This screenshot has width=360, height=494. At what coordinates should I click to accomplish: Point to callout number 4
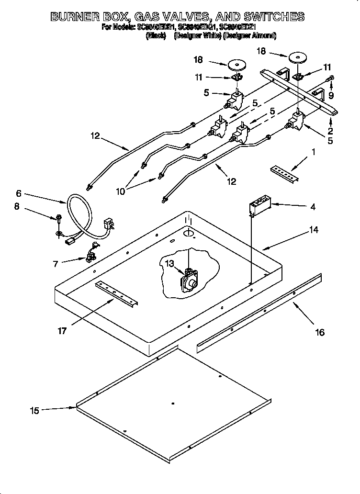(x=312, y=207)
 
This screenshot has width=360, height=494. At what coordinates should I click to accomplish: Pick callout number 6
(x=19, y=194)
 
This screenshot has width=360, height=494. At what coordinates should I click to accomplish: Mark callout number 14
(x=313, y=230)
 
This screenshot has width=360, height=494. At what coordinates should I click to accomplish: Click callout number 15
(x=34, y=410)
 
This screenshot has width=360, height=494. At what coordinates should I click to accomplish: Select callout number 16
(x=319, y=332)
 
